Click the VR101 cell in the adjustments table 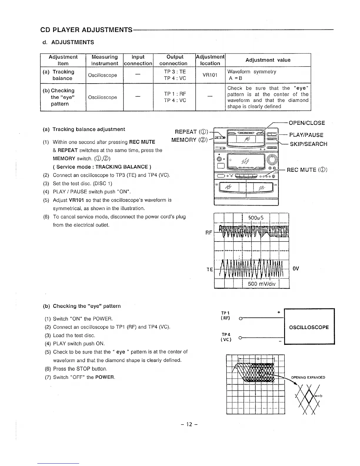click(210, 75)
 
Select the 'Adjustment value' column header click(268, 60)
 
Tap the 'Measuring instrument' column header click(104, 60)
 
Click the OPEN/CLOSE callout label click(307, 123)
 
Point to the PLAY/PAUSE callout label click(306, 135)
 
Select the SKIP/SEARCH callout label click(309, 144)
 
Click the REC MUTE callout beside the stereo click(307, 170)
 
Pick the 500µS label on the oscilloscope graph click(256, 218)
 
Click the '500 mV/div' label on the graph click(261, 284)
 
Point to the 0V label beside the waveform click(296, 269)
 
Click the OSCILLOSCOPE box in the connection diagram click(309, 327)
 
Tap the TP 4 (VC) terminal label click(226, 337)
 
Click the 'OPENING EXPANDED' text click(308, 377)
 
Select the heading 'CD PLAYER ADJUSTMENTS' click(86, 30)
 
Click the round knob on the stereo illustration click(273, 159)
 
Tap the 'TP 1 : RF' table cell click(175, 94)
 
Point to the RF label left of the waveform click(209, 233)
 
